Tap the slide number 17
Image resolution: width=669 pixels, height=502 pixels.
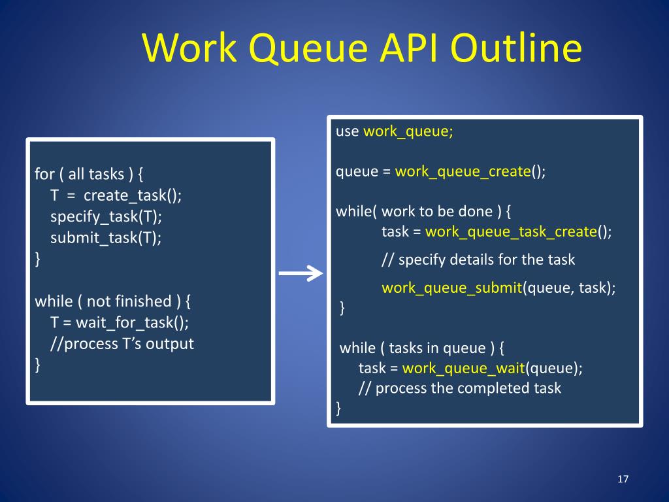pyautogui.click(x=622, y=480)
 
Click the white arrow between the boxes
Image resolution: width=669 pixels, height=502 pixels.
pyautogui.click(x=301, y=274)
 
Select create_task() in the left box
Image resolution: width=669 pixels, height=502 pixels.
pyautogui.click(x=133, y=195)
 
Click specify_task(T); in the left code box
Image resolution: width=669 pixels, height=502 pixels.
pyautogui.click(x=106, y=216)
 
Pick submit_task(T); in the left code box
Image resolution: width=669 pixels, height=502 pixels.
pyautogui.click(x=106, y=237)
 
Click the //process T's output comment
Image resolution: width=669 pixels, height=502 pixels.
pyautogui.click(x=122, y=343)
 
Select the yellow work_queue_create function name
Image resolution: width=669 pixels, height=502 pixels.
pyautogui.click(x=463, y=172)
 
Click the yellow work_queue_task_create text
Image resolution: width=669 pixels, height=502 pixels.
pyautogui.click(x=511, y=231)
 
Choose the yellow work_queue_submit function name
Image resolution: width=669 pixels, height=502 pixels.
pyautogui.click(x=451, y=288)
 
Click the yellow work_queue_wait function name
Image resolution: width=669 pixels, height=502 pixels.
pyautogui.click(x=464, y=368)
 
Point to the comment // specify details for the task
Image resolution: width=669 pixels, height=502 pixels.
pyautogui.click(x=478, y=259)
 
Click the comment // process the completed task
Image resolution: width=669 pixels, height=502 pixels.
pyautogui.click(x=459, y=388)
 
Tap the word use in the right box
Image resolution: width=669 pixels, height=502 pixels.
pyautogui.click(x=347, y=131)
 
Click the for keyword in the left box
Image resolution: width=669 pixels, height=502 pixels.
pyautogui.click(x=44, y=174)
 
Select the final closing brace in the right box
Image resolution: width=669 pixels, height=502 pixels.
pyautogui.click(x=338, y=409)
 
